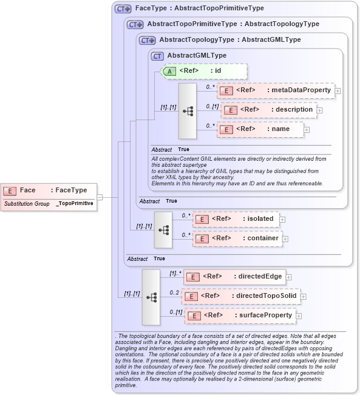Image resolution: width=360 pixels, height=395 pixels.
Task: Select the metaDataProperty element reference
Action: pos(276,90)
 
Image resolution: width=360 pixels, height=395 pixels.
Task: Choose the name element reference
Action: pos(260,129)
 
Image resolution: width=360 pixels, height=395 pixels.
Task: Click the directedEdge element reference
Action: pos(234,277)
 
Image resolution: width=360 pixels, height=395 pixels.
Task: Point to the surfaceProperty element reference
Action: pos(239,316)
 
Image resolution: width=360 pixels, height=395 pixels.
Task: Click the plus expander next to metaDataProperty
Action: pos(338,91)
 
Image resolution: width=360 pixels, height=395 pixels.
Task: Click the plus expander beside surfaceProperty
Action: pos(298,316)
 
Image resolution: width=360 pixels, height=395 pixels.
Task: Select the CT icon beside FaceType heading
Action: pos(123,9)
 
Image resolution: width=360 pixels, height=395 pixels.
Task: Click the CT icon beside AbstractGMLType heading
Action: pos(158,56)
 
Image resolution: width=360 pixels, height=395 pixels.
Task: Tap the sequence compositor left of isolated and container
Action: pos(163,229)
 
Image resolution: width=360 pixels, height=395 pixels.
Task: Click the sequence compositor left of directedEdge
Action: pos(151,297)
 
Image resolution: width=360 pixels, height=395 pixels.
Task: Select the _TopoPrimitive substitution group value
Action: pos(74,204)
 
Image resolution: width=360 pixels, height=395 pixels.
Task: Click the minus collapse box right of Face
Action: pos(100,197)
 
